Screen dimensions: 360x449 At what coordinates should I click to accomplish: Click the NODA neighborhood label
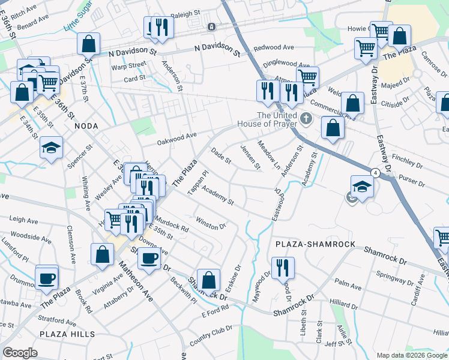click(86, 126)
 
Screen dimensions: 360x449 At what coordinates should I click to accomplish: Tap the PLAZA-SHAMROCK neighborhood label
click(316, 245)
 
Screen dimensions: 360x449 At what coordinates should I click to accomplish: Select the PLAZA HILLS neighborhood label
click(67, 334)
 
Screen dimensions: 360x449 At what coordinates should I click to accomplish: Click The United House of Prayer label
click(277, 119)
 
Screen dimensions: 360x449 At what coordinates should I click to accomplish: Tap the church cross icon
click(306, 118)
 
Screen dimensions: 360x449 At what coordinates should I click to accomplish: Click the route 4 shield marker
click(375, 173)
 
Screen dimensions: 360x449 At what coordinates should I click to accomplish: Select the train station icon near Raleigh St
click(211, 27)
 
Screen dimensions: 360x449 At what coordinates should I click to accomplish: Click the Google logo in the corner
click(20, 353)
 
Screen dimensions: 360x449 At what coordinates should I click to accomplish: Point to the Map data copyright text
click(411, 355)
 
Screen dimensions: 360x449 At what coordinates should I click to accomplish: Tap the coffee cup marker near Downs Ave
click(148, 258)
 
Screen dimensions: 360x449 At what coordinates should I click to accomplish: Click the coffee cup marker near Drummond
click(47, 278)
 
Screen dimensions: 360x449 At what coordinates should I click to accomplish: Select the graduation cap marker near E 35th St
click(52, 147)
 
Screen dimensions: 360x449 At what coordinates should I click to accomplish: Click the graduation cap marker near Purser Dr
click(363, 186)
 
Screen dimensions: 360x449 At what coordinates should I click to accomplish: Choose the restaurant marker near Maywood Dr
click(282, 268)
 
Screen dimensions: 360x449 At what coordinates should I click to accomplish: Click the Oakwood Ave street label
click(177, 139)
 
